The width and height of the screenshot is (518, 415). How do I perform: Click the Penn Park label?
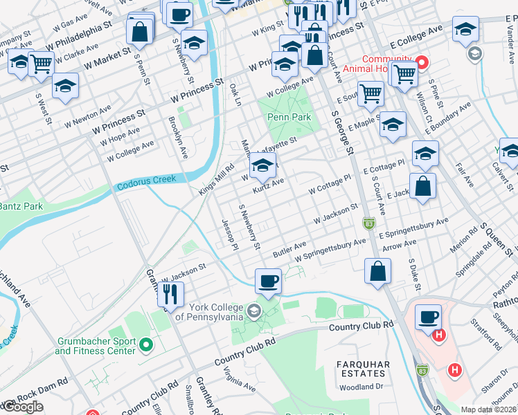[x=289, y=117]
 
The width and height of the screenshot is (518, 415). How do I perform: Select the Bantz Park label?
[x=21, y=206]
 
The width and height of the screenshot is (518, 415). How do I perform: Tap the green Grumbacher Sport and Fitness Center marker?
[x=145, y=343]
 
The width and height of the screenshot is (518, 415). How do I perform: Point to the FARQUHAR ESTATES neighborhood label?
[x=363, y=369]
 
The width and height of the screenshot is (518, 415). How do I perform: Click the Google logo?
[x=22, y=407]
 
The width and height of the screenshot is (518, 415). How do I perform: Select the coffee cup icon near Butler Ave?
[x=269, y=280]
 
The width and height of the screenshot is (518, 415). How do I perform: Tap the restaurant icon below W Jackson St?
[x=170, y=294]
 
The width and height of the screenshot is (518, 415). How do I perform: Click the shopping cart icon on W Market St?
[x=42, y=64]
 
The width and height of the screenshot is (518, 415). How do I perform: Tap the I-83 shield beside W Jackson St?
[x=368, y=223]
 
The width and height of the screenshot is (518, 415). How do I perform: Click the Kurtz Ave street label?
[x=268, y=185]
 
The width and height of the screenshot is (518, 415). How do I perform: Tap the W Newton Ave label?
[x=88, y=113]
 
